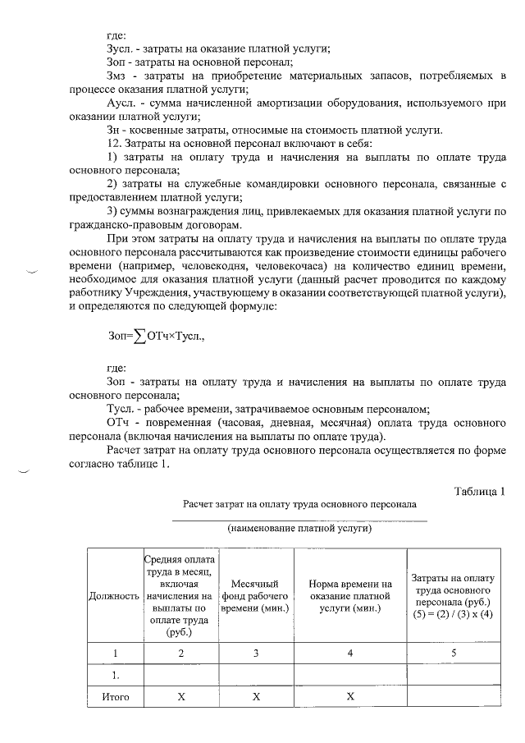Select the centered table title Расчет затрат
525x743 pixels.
click(x=299, y=503)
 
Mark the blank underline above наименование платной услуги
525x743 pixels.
click(x=299, y=521)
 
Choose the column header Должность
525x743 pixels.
click(x=113, y=595)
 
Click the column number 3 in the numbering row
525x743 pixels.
click(x=256, y=653)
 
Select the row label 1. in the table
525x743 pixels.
click(x=116, y=676)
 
